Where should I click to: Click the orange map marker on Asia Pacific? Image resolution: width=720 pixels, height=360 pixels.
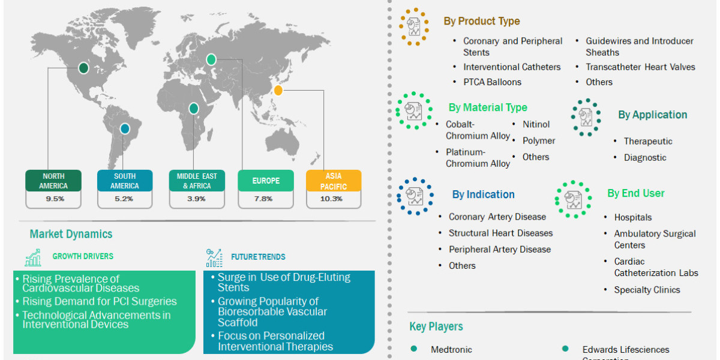278,91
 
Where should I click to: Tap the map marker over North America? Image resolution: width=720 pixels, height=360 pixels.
84,68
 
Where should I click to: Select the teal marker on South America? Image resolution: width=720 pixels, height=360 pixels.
124,128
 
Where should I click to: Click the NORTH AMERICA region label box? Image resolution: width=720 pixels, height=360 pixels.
54,181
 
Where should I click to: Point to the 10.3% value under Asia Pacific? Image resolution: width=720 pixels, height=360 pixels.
334,199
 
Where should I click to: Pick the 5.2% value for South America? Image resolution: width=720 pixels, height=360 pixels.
125,199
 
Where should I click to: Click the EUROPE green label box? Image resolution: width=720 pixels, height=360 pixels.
265,181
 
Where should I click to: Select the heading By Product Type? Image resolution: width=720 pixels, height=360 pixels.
482,21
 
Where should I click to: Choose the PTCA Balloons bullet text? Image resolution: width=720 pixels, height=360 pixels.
492,82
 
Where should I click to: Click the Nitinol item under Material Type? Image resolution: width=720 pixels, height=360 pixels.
536,124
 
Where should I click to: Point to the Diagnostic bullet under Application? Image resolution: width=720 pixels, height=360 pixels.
644,157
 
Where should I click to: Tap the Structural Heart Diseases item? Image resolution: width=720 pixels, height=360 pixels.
500,233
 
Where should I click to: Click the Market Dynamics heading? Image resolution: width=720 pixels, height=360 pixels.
71,234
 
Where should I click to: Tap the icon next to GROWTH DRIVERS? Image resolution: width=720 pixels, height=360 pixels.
33,257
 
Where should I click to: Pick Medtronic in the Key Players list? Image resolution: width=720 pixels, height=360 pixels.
451,349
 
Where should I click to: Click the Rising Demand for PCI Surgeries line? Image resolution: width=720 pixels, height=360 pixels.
100,301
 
